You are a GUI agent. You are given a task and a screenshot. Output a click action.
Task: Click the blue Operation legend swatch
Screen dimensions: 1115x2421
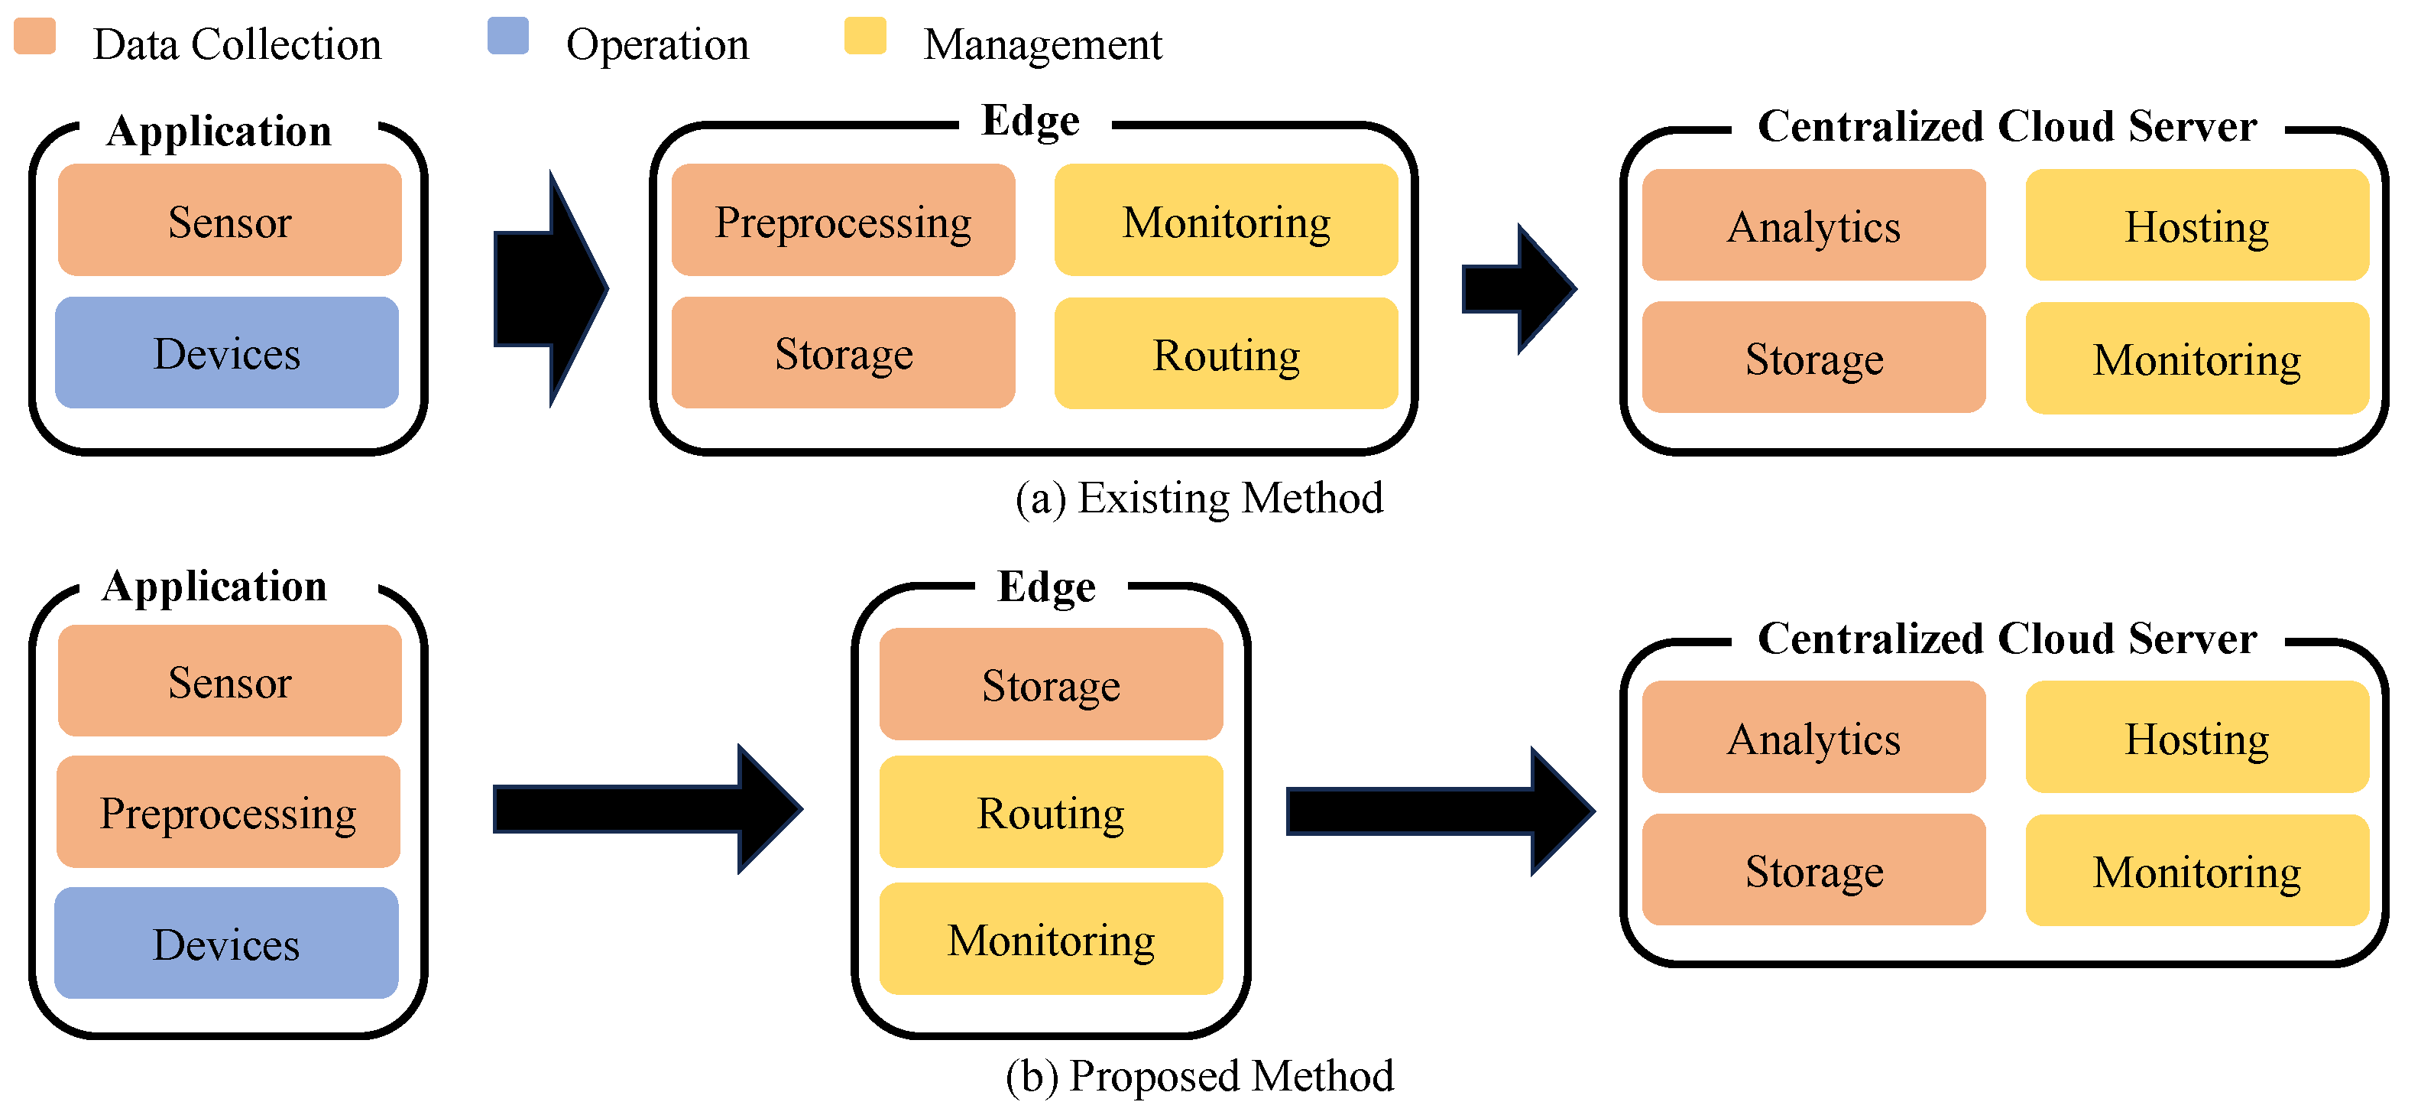507,36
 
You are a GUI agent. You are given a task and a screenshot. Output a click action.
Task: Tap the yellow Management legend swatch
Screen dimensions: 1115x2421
864,36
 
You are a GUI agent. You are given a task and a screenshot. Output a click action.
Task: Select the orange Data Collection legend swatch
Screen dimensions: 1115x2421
36,36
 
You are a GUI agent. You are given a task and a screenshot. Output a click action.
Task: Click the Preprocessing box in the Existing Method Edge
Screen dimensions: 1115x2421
843,220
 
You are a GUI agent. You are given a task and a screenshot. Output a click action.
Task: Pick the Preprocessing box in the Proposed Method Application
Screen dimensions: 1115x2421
228,811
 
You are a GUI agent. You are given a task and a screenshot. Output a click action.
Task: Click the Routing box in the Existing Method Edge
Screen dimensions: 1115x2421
1226,353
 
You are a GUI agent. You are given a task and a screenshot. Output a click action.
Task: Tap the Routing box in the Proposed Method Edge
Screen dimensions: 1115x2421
1051,811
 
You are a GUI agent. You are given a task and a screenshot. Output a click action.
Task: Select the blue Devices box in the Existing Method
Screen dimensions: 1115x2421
226,353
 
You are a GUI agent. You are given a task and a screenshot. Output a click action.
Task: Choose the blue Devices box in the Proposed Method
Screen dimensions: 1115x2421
226,943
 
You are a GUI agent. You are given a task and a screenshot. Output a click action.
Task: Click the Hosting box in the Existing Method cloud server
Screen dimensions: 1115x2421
2196,226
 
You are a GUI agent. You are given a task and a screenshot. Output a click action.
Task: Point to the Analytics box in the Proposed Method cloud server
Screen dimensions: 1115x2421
1813,737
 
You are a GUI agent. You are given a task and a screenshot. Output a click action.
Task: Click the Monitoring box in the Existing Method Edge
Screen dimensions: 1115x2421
1226,220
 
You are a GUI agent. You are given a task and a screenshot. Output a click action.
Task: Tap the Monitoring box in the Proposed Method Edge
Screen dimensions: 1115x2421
1051,938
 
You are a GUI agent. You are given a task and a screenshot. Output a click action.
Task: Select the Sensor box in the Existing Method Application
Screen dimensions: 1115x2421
229,220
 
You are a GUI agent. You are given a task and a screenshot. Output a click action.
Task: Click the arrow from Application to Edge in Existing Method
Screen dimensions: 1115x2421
549,288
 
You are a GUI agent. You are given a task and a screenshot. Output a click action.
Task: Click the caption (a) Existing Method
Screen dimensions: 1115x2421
1198,497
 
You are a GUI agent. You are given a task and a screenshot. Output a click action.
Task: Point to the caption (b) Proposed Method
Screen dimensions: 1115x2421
1198,1074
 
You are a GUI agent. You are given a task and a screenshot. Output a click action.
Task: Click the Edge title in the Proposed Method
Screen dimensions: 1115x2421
1046,586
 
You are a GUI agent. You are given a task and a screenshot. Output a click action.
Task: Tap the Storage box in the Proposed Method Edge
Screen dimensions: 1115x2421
1051,684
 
